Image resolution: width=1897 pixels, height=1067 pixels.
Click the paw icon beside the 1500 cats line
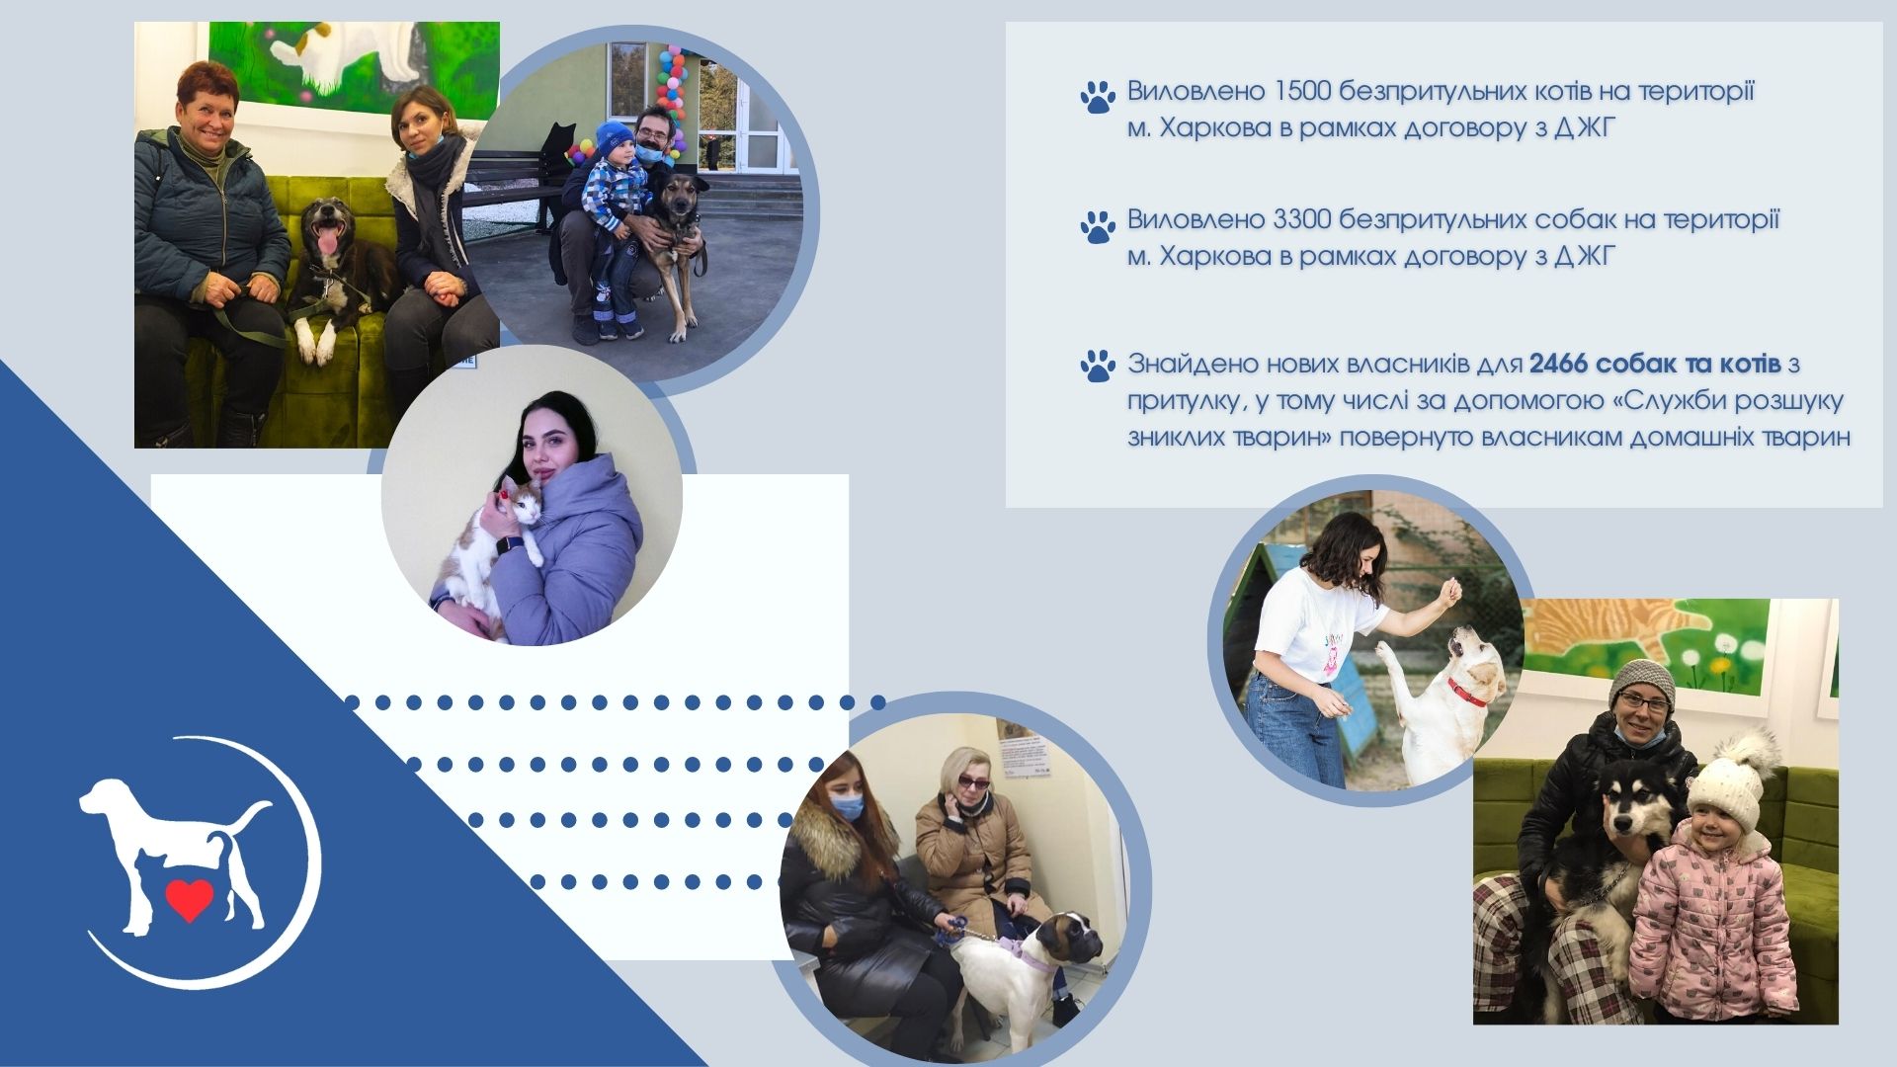pos(1098,97)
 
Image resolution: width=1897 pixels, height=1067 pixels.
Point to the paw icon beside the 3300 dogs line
pos(1098,226)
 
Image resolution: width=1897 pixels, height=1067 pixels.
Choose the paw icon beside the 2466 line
pos(1098,366)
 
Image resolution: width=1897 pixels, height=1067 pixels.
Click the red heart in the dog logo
pos(189,899)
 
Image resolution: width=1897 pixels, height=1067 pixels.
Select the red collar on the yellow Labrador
pos(1466,692)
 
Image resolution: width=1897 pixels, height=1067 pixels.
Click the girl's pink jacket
pos(1711,924)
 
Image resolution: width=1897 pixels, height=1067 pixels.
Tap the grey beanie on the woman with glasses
pos(1641,682)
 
